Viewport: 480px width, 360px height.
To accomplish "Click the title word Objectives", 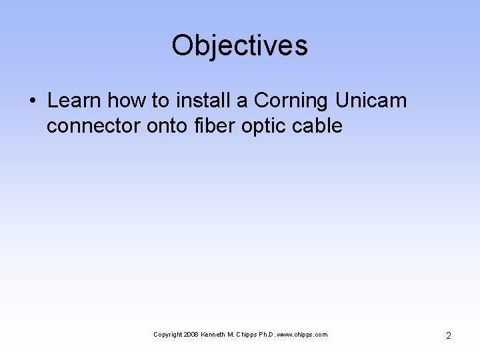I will click(x=239, y=46).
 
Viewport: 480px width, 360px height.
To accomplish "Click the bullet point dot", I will click(x=32, y=101).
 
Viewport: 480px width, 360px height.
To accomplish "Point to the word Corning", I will click(x=291, y=101).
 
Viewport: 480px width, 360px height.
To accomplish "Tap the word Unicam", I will click(x=371, y=101).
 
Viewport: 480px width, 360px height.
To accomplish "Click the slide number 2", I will click(x=448, y=335).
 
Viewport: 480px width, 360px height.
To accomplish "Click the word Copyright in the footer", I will click(x=167, y=335).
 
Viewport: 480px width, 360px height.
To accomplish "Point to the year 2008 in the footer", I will click(x=191, y=335).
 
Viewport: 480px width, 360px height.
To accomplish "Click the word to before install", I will click(x=160, y=101).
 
